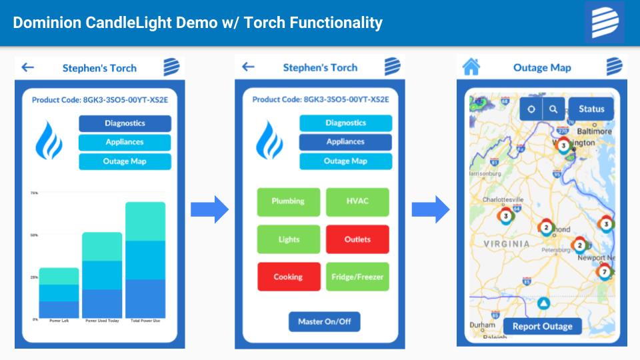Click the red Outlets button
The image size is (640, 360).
(x=357, y=239)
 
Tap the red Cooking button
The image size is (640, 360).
(x=288, y=277)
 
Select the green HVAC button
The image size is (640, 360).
(x=357, y=201)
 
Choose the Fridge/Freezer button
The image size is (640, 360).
(x=357, y=277)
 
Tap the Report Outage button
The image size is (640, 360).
(x=542, y=327)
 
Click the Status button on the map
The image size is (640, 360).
(x=591, y=109)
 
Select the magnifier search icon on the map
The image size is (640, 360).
(x=553, y=109)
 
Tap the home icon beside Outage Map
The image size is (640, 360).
(x=471, y=67)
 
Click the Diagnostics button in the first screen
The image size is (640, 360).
(x=125, y=123)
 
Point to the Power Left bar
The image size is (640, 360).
(x=59, y=293)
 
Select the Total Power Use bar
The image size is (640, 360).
(x=145, y=260)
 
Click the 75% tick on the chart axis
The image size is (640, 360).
(x=34, y=193)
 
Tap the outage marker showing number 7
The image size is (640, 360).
(x=605, y=272)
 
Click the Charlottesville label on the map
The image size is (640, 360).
(x=503, y=199)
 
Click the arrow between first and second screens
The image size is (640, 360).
(x=209, y=210)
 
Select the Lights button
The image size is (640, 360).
(x=288, y=239)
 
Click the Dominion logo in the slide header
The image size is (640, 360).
(x=605, y=23)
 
